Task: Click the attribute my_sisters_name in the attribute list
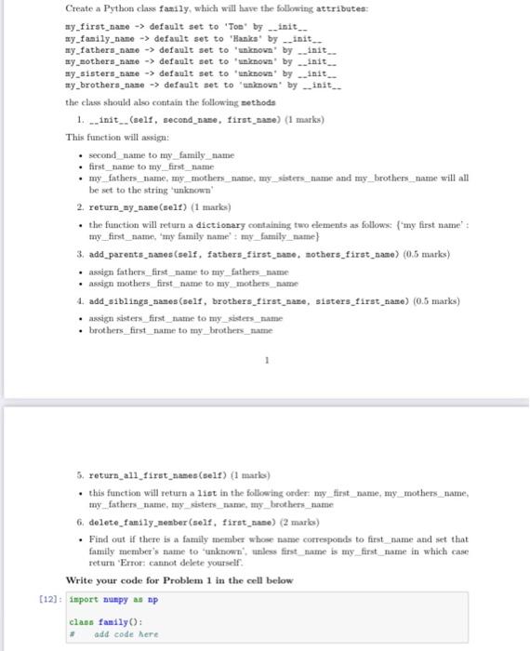[107, 73]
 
